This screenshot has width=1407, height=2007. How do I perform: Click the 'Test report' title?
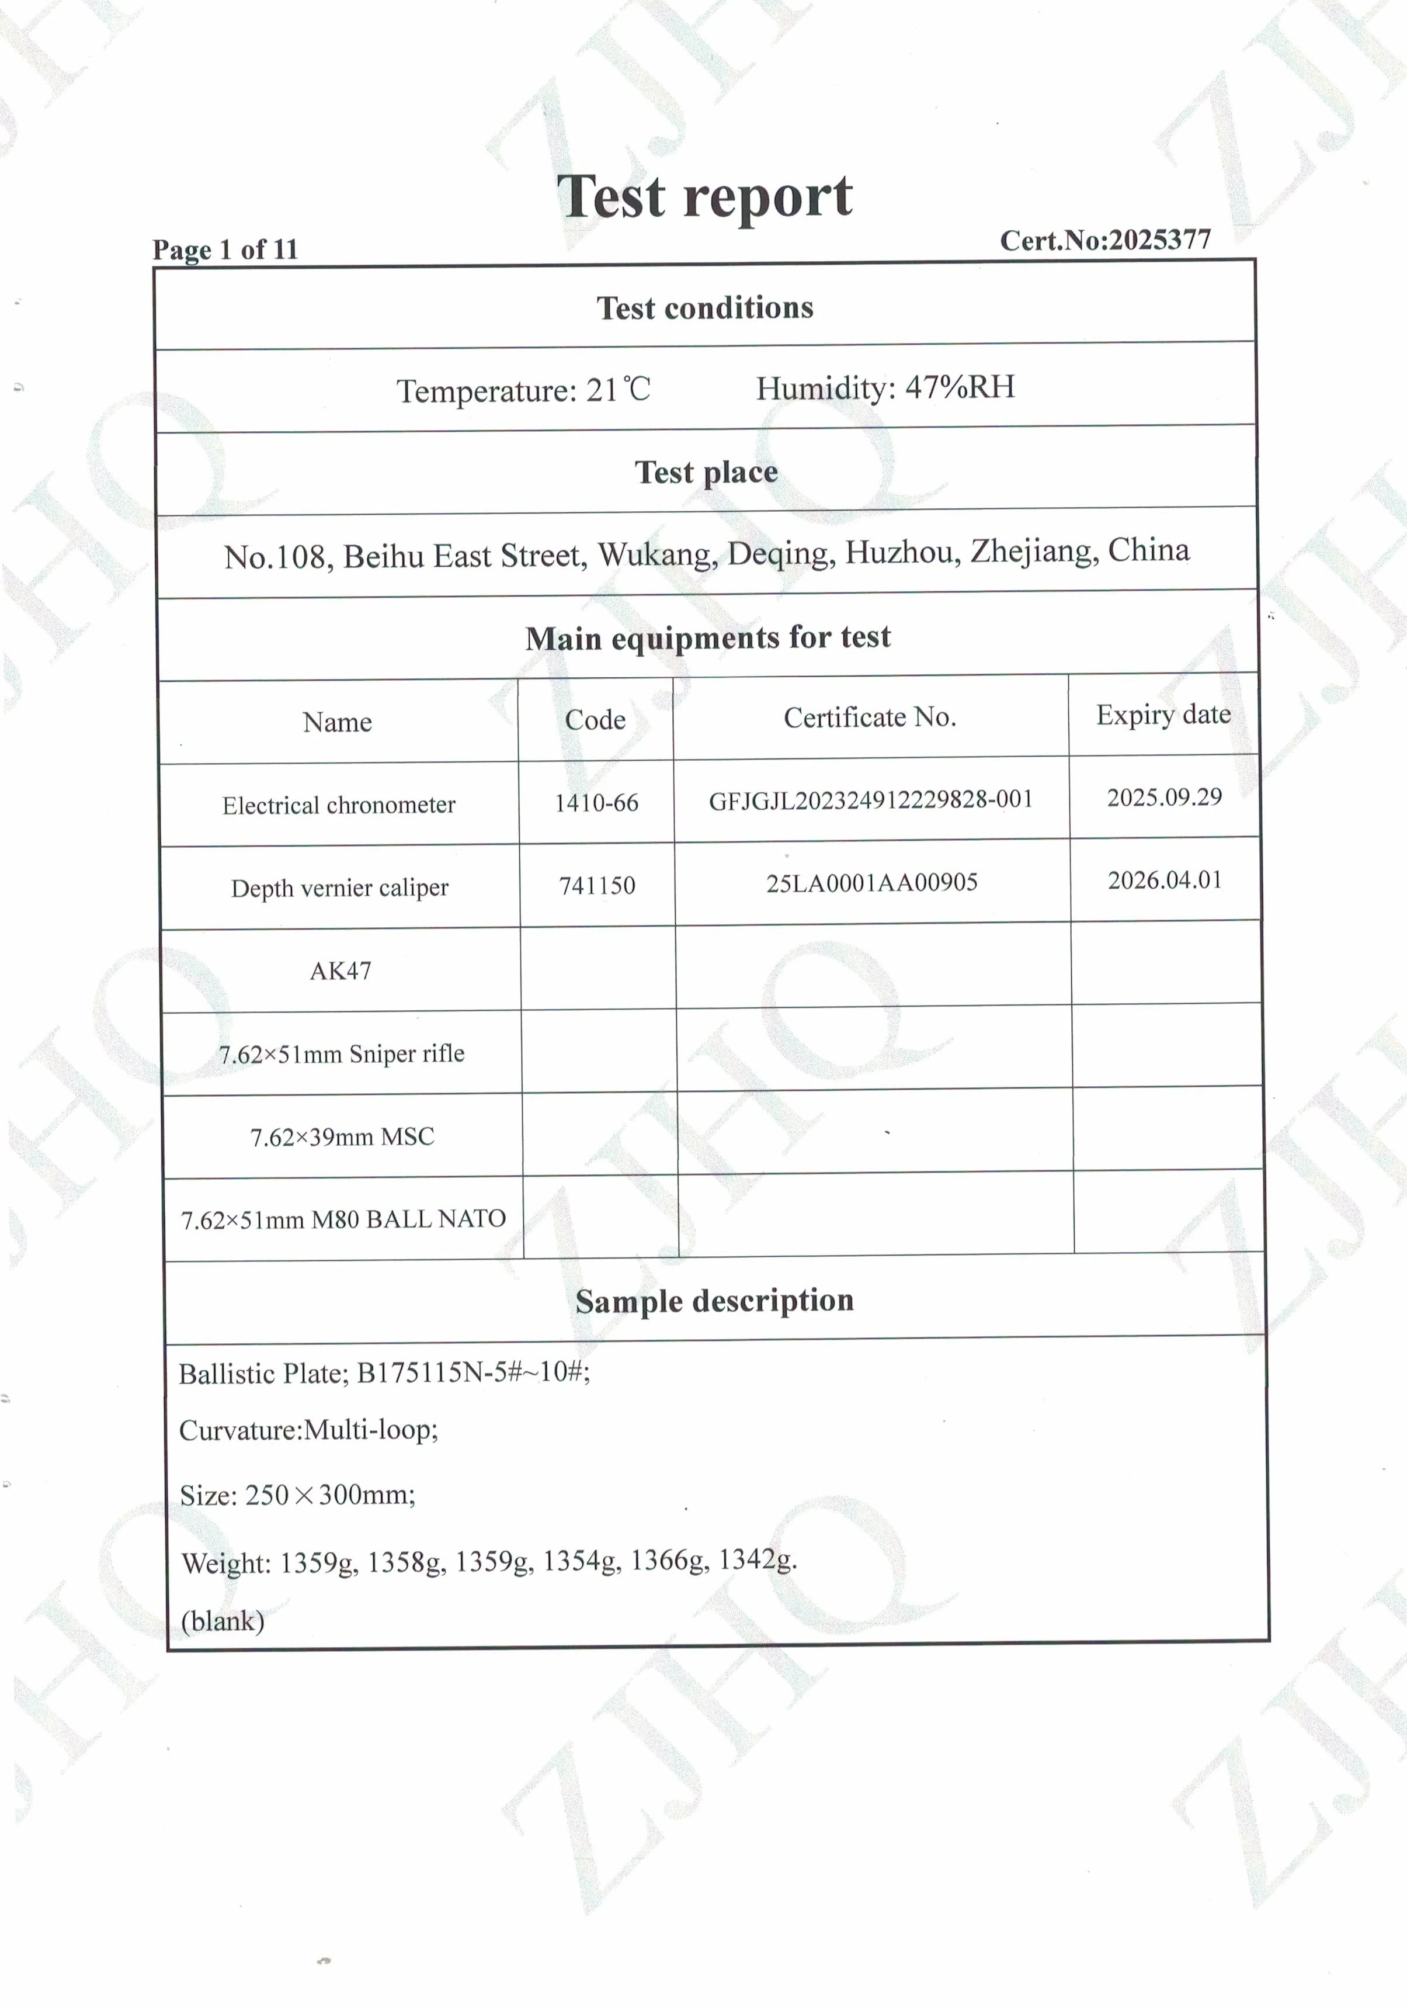(704, 197)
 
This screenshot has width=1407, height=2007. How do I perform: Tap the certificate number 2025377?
(1159, 240)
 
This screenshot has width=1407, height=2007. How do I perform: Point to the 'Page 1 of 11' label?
(225, 250)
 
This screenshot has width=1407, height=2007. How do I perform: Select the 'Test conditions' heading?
(704, 308)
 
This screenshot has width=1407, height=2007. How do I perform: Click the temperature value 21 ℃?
(618, 390)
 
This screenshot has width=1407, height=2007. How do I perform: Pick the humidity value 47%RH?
(960, 386)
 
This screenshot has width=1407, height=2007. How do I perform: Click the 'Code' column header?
(595, 719)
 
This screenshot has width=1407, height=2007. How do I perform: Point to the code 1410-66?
(596, 802)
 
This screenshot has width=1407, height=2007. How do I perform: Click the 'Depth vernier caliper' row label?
(339, 888)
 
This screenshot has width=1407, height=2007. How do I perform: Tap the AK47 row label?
(340, 971)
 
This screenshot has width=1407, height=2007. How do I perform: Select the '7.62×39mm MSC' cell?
(342, 1136)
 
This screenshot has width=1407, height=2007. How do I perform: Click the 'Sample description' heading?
(714, 1301)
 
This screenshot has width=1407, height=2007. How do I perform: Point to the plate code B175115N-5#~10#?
(473, 1372)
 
